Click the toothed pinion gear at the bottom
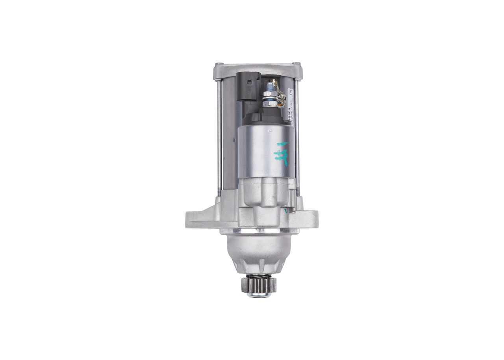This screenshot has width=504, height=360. [259, 285]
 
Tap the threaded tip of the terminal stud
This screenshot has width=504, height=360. [271, 82]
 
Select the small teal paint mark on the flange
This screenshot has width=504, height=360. [286, 212]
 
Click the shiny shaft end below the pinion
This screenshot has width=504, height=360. [259, 295]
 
